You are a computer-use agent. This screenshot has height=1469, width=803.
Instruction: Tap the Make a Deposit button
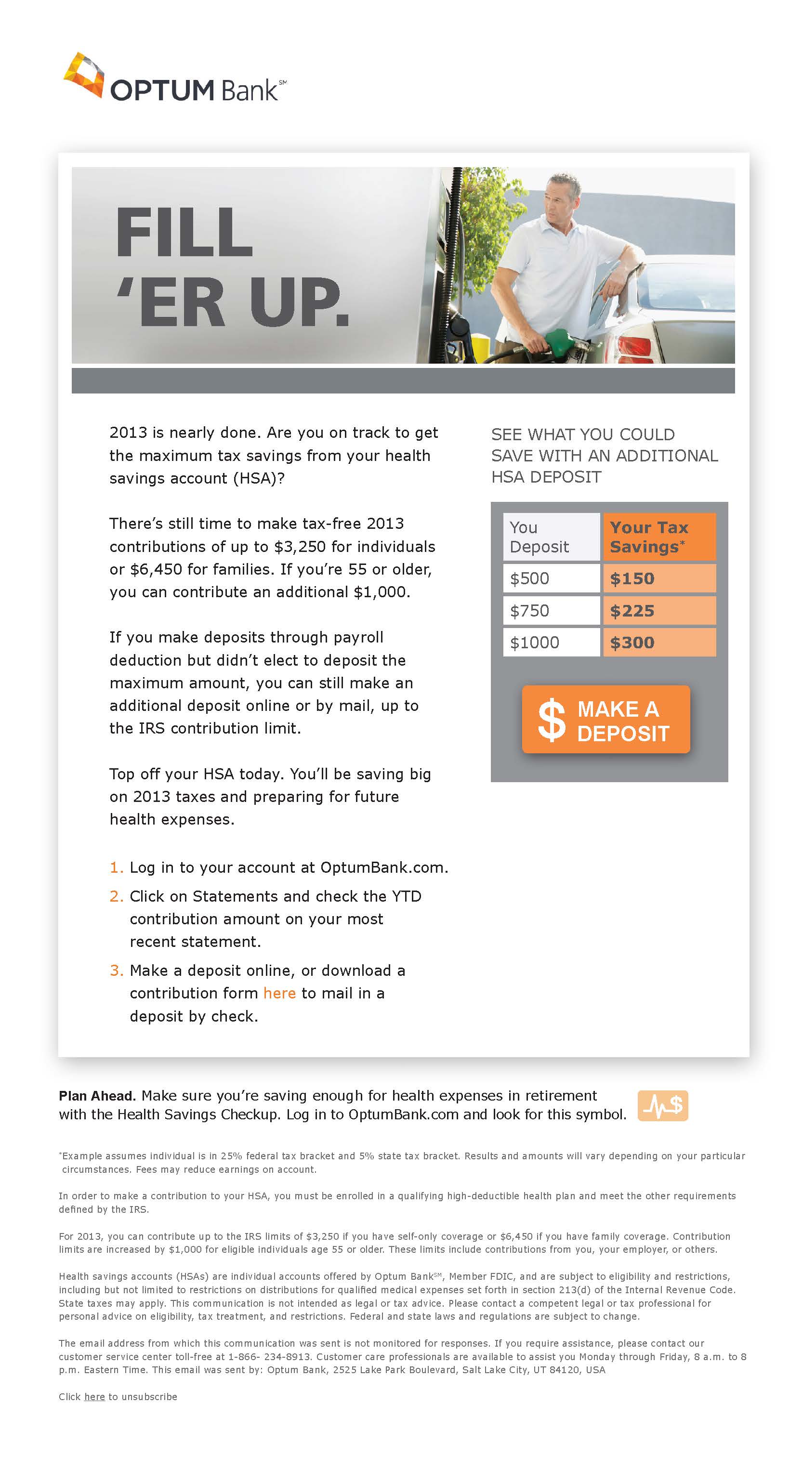[x=606, y=720]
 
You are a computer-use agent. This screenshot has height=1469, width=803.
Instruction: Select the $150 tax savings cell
[x=658, y=578]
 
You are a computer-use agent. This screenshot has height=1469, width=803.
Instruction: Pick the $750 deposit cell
[x=551, y=611]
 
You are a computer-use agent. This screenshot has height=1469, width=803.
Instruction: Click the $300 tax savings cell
[x=658, y=643]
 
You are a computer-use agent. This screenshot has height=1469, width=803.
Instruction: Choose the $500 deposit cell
[x=551, y=578]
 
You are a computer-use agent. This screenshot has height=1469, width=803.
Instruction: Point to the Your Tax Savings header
[x=658, y=537]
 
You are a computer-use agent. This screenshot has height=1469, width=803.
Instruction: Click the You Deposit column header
[x=551, y=537]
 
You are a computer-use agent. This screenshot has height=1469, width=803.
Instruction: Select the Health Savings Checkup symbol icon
[x=663, y=1106]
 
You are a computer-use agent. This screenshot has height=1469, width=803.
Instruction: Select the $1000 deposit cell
[x=551, y=643]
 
